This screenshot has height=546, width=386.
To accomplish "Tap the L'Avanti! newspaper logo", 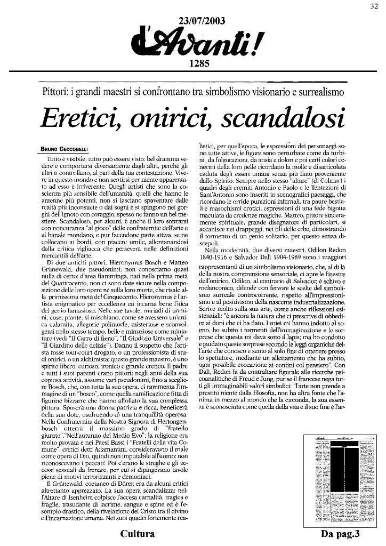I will [x=196, y=43].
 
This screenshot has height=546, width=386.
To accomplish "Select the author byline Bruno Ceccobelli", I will [x=66, y=149].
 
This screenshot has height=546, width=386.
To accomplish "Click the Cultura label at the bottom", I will [x=138, y=534].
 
